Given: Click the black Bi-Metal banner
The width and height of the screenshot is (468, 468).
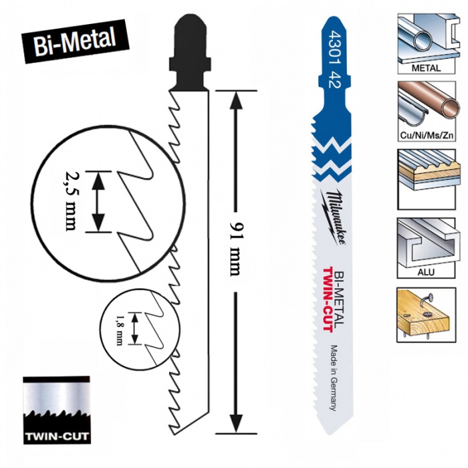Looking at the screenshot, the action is point(75,41).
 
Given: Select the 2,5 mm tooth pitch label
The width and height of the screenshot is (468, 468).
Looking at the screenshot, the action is point(70,201).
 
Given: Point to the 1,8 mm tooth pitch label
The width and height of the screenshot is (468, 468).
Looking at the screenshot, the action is point(120,329).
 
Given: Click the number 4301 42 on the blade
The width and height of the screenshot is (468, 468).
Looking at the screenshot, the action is point(334,60).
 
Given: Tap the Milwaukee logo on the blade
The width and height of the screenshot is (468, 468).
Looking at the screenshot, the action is point(334,217).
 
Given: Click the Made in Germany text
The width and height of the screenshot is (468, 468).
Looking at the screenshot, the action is point(334,378).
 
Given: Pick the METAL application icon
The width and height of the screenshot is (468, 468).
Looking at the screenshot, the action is point(427,43).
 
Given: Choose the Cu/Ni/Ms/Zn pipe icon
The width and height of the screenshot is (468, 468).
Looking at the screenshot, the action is point(427,111).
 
